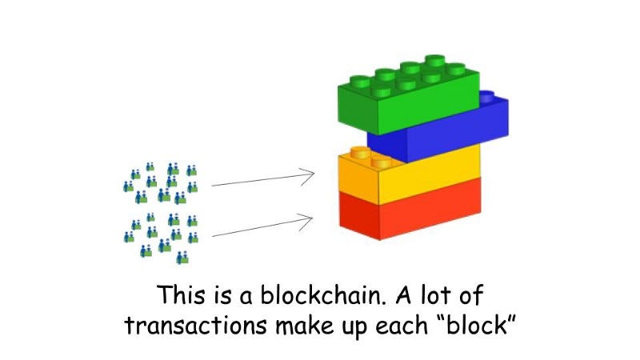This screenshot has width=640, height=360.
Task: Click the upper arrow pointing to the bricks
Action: coord(263,178)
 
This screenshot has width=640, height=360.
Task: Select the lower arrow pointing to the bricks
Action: coord(262,226)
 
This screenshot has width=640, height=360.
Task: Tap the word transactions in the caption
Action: coord(195,326)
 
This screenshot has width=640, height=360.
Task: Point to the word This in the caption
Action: coord(181,294)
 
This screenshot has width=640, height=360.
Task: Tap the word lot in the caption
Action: coord(436,294)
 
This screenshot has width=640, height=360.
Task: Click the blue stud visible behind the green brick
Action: coord(487,97)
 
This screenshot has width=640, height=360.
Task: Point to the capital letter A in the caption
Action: coord(403,295)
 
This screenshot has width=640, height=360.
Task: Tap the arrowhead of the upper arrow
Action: coord(309,176)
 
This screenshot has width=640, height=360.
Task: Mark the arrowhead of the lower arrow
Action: coord(307,222)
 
